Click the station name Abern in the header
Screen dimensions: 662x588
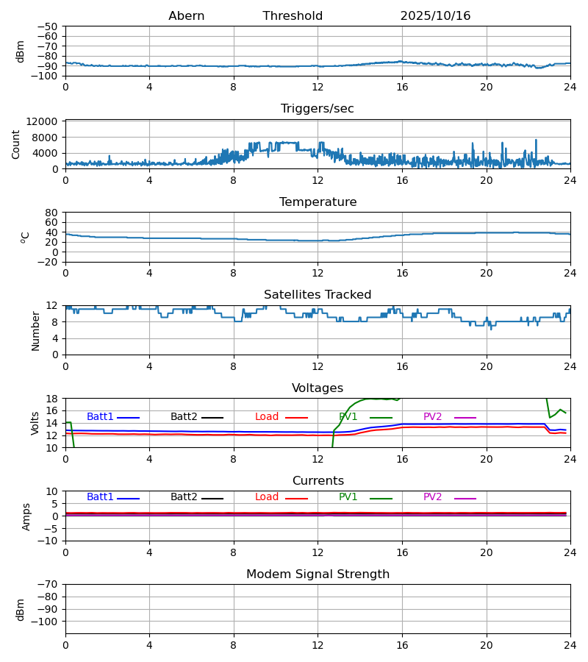point(187,16)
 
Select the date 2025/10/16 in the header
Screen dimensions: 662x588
point(435,16)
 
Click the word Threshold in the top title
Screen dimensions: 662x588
point(293,16)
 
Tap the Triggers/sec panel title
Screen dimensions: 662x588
point(318,109)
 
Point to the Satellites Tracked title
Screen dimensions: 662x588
point(318,295)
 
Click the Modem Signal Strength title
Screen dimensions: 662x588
point(318,574)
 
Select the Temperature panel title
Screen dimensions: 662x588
point(318,202)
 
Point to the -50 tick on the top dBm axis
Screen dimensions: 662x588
point(51,26)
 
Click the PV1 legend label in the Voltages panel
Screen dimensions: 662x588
point(348,417)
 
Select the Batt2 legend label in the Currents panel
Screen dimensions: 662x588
point(184,497)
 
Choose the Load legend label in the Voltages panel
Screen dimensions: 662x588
point(267,417)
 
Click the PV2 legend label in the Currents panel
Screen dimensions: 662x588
point(432,497)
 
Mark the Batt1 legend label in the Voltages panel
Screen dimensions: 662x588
point(100,417)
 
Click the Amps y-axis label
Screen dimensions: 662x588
point(26,516)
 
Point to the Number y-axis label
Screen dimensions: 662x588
point(36,330)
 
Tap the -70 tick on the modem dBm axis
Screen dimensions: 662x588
point(51,584)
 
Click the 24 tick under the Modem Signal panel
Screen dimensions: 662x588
point(570,645)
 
